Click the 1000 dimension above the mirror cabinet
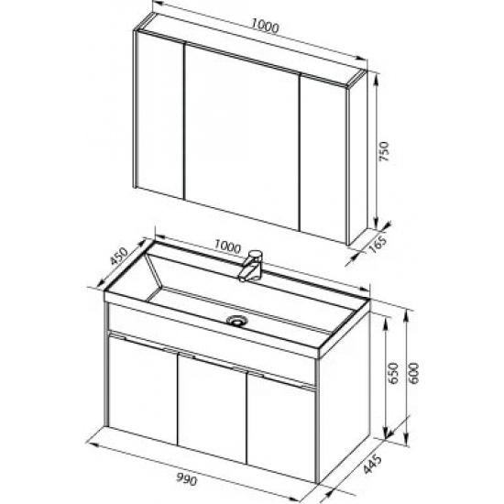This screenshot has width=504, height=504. click(x=265, y=26)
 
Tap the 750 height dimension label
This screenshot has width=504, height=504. click(x=385, y=151)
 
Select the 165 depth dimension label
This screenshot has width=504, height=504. click(x=379, y=245)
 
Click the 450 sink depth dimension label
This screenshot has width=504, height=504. click(x=119, y=257)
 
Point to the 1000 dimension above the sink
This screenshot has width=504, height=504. click(x=227, y=247)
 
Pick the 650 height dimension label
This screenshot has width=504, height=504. click(x=393, y=373)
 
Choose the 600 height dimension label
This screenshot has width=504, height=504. click(x=413, y=373)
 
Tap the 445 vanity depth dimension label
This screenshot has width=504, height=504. click(x=373, y=464)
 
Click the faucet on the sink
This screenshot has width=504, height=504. click(x=251, y=266)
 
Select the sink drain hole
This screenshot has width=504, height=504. click(x=237, y=320)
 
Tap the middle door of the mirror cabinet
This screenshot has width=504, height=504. click(x=242, y=137)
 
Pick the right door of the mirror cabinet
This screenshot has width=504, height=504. click(x=323, y=159)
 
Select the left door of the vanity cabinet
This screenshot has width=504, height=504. click(x=143, y=389)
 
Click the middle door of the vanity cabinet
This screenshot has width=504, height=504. click(x=213, y=408)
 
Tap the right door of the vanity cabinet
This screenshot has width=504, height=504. click(x=281, y=426)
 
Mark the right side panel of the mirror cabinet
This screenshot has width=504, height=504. click(x=357, y=159)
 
